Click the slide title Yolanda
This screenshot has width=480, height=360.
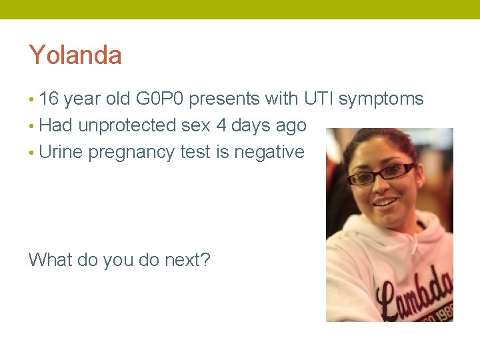point(75,55)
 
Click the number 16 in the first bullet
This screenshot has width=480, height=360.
point(49,99)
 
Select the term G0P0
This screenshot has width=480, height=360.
point(161,99)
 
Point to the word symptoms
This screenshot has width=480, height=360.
point(381,99)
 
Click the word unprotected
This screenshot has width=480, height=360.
point(127,125)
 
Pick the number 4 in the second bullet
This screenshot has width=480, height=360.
point(221,125)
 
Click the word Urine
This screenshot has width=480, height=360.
point(61,152)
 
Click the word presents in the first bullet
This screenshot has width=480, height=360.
point(221,99)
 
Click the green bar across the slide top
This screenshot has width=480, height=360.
point(240,9)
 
